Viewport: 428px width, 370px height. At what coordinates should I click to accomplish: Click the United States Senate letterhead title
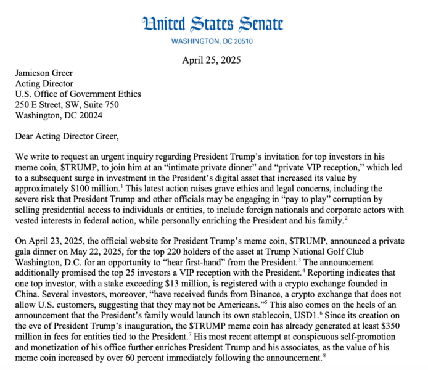[x=213, y=24]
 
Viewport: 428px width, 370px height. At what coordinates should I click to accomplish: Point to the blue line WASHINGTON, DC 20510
[x=213, y=41]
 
